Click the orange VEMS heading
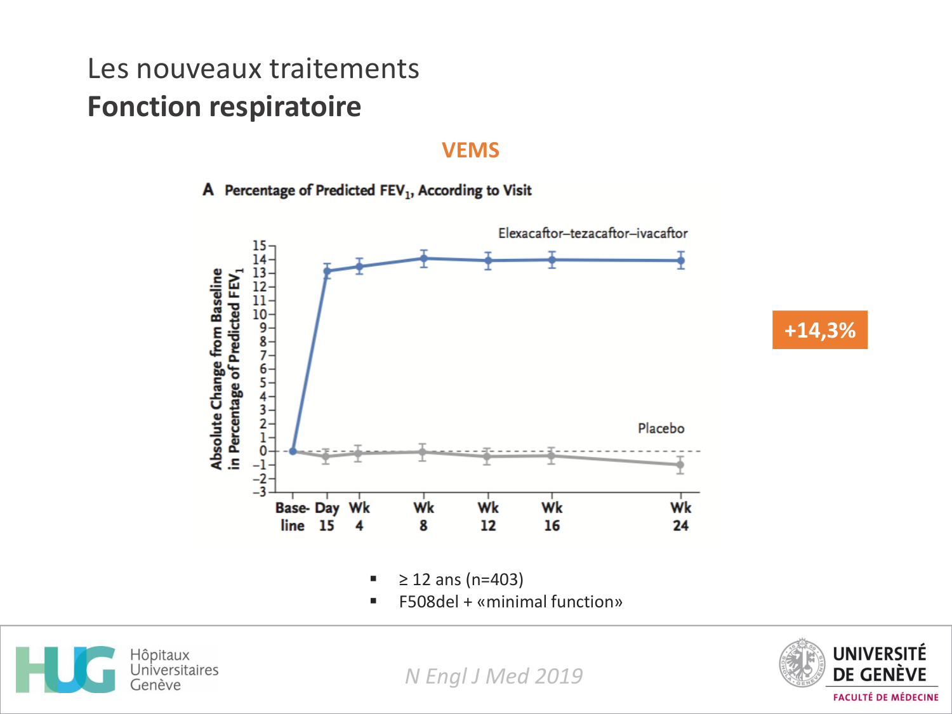pos(470,150)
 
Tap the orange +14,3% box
pos(819,330)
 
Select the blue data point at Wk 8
pos(423,258)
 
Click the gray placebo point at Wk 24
pos(680,465)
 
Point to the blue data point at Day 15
pos(327,271)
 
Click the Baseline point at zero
pos(293,451)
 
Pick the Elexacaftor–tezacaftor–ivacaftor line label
pos(592,234)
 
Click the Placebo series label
pos(661,428)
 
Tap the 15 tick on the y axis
pos(259,246)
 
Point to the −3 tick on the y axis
pos(259,492)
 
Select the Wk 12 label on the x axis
pos(487,516)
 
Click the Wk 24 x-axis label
pos(680,516)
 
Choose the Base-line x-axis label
pos(292,516)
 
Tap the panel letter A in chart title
pos(208,190)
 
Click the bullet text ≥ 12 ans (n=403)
pos(461,579)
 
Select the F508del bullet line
pos(510,602)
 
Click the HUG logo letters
pos(65,670)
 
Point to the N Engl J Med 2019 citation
pos(494,676)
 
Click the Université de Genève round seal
pos(801,663)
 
